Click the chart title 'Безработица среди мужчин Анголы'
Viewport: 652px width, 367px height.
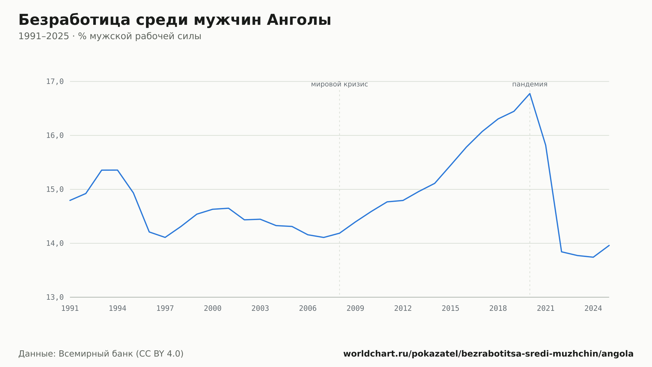175,20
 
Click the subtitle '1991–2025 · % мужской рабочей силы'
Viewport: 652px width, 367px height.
110,36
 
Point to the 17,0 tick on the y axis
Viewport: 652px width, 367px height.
55,82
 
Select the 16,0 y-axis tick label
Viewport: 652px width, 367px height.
55,136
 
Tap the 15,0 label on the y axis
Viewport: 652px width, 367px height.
55,189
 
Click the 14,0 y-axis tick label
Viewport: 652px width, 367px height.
55,243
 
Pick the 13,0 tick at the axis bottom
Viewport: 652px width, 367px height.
55,297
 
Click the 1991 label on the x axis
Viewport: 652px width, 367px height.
70,309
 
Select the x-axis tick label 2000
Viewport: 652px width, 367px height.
213,309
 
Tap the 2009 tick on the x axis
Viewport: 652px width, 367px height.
355,309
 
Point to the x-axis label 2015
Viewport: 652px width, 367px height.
451,309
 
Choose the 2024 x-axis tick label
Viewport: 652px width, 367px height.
593,309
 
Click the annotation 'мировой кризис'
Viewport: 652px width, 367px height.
339,84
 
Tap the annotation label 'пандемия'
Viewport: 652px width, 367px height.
530,84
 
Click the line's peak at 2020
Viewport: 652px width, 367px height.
530,94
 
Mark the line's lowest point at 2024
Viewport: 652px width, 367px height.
593,257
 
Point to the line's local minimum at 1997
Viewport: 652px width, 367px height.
165,237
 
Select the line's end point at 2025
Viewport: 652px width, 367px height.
609,245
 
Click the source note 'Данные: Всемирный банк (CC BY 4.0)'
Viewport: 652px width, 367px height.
101,354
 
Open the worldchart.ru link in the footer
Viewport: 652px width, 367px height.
488,354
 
